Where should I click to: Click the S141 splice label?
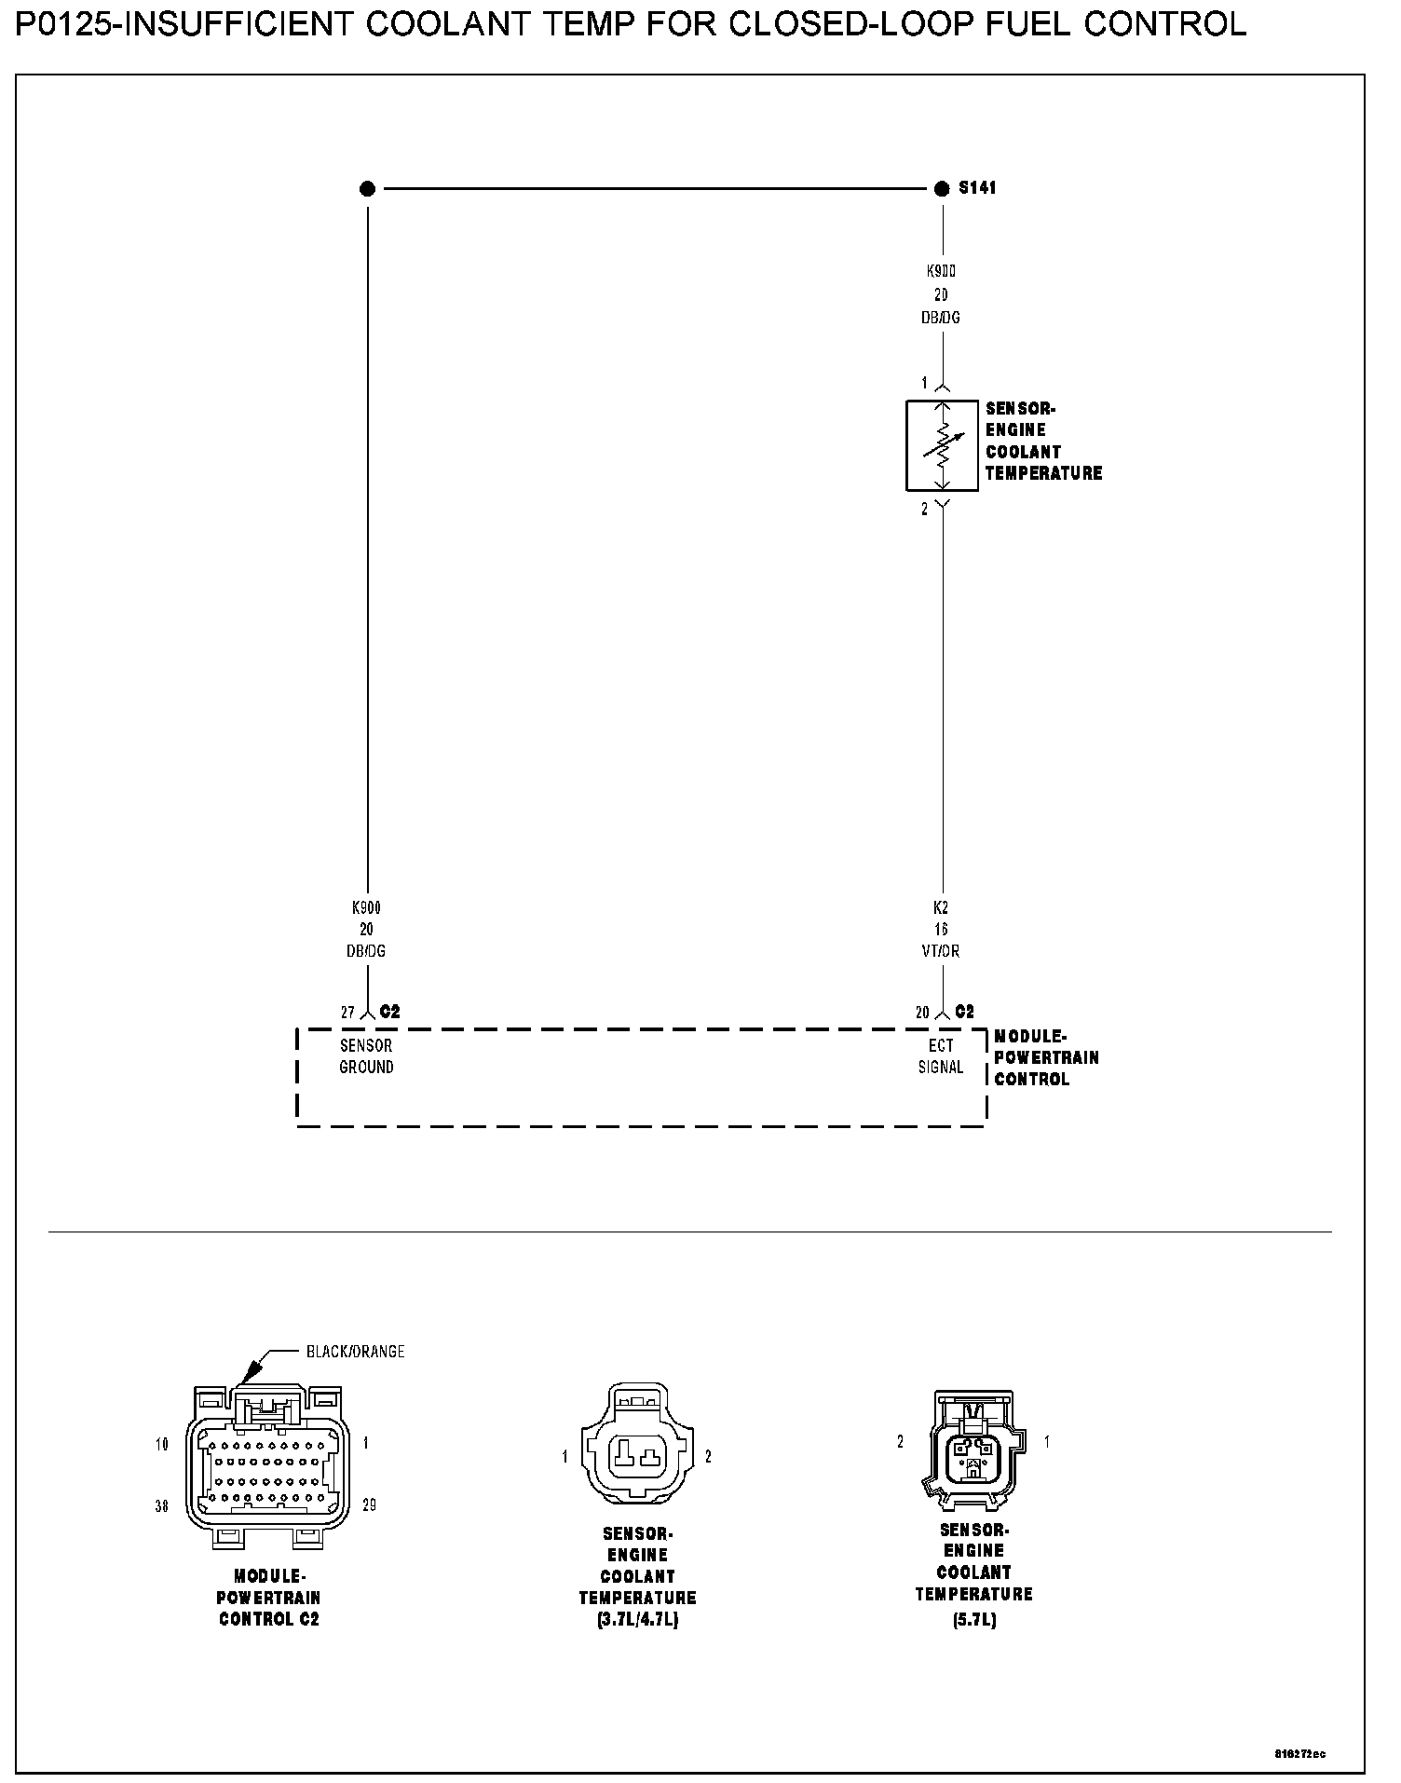tap(977, 188)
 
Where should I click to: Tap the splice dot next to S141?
tap(942, 189)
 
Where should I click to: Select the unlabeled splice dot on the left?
tap(367, 189)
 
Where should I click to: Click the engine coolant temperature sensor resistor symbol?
tap(942, 445)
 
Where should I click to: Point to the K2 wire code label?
tap(941, 906)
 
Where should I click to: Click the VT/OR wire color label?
tap(941, 951)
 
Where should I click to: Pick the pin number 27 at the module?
tap(347, 1013)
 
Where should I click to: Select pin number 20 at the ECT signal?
tap(922, 1013)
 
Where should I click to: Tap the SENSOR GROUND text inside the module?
tap(366, 1056)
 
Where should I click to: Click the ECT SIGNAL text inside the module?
tap(941, 1056)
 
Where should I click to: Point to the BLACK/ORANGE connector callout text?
tap(355, 1352)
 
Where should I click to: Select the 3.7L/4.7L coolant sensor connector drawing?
tap(637, 1456)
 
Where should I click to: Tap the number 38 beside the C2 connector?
tap(162, 1506)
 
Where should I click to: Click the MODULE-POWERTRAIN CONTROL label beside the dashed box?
tap(1045, 1057)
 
